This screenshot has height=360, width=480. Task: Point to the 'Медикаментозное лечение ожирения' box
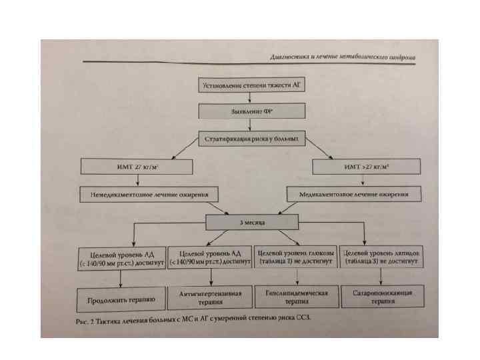pyautogui.click(x=355, y=195)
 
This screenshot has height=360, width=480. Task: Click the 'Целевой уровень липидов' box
pyautogui.click(x=381, y=258)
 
